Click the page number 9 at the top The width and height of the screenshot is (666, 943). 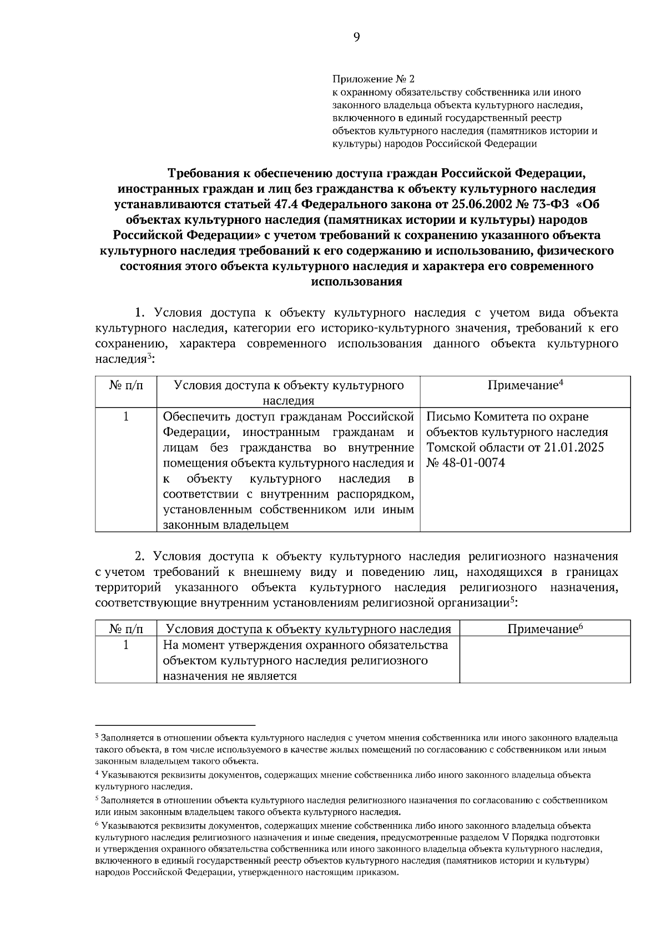click(356, 37)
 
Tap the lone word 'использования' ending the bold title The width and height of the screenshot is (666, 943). click(356, 282)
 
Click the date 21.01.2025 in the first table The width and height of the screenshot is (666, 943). click(571, 447)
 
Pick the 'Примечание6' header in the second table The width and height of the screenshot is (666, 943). click(544, 629)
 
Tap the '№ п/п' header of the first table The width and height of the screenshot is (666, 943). click(126, 385)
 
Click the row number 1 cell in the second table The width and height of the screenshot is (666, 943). click(126, 645)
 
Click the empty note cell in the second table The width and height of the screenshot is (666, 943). click(544, 660)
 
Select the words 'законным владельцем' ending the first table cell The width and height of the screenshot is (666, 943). click(226, 525)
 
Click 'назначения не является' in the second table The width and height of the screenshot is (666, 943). click(230, 676)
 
